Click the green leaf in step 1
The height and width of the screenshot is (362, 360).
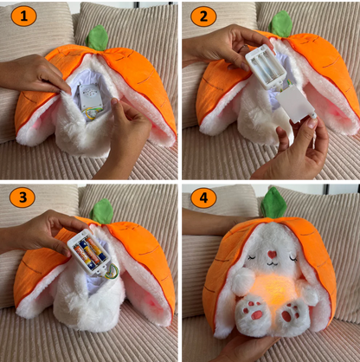[x=97, y=38]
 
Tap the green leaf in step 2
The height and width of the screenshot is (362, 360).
[x=281, y=25]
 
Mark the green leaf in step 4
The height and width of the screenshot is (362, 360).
[x=274, y=204]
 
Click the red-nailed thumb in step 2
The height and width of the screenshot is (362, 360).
[x=308, y=130]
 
